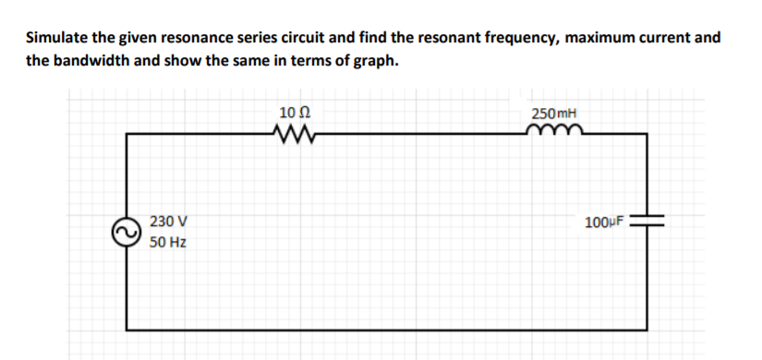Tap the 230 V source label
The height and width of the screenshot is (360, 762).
click(x=167, y=222)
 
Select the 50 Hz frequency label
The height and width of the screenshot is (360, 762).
click(x=167, y=244)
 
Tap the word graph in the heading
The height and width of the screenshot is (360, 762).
click(x=378, y=62)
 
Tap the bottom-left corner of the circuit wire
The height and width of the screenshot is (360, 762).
click(x=127, y=327)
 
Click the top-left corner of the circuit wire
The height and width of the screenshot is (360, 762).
click(x=127, y=135)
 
